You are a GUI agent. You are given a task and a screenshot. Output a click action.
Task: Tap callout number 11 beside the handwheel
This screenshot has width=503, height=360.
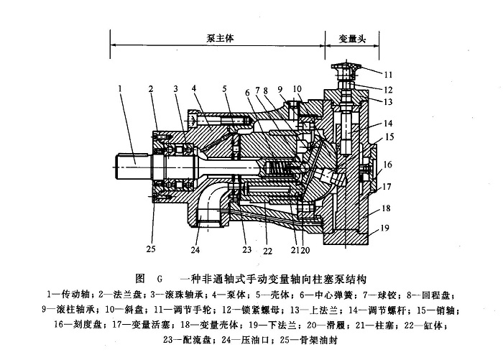tap(388, 74)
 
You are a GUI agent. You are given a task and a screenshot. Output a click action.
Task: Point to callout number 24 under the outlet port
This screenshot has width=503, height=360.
tap(194, 251)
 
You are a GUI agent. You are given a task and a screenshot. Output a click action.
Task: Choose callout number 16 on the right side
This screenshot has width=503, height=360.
tap(388, 165)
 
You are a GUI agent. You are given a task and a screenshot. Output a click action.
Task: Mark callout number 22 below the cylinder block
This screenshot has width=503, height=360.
tap(268, 251)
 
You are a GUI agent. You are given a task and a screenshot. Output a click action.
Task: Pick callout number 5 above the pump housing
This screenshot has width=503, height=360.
tap(224, 89)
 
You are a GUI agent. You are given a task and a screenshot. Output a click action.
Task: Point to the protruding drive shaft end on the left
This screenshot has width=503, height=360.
tap(130, 165)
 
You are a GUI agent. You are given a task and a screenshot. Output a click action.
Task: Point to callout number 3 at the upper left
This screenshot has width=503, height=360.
tap(175, 89)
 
